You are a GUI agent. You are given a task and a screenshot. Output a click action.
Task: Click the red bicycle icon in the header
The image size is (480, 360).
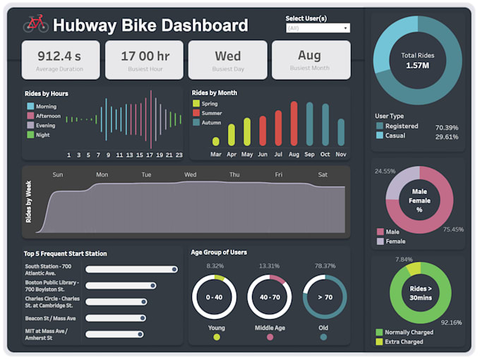tap(35, 25)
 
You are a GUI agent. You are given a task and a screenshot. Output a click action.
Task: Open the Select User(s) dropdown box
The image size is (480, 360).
tap(318, 28)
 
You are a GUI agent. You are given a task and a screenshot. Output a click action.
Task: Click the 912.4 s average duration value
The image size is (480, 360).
tap(59, 56)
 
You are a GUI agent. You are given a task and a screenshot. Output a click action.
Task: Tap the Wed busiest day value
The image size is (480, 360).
tap(227, 56)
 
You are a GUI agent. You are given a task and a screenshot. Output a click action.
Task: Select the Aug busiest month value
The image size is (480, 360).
tap(309, 55)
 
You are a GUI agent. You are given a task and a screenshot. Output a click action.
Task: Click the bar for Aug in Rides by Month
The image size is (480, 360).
tap(294, 124)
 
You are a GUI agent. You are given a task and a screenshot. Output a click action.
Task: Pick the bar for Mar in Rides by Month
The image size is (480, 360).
tap(216, 141)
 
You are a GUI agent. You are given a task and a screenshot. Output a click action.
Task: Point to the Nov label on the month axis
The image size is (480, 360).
tap(341, 155)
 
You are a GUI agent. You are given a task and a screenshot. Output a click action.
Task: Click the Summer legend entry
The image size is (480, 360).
tap(210, 113)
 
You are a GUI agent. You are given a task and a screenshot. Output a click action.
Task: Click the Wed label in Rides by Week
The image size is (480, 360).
tap(191, 174)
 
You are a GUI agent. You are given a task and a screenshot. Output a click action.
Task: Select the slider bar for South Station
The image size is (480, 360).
tap(131, 269)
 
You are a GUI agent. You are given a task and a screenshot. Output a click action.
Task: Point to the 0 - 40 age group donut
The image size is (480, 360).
tap(214, 297)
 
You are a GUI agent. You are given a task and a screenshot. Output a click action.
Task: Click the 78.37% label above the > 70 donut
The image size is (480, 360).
tap(324, 266)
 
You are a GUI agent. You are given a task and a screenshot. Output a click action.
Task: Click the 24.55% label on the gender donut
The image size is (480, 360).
tap(385, 172)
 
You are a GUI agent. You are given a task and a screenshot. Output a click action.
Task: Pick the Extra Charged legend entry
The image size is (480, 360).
tap(404, 342)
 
